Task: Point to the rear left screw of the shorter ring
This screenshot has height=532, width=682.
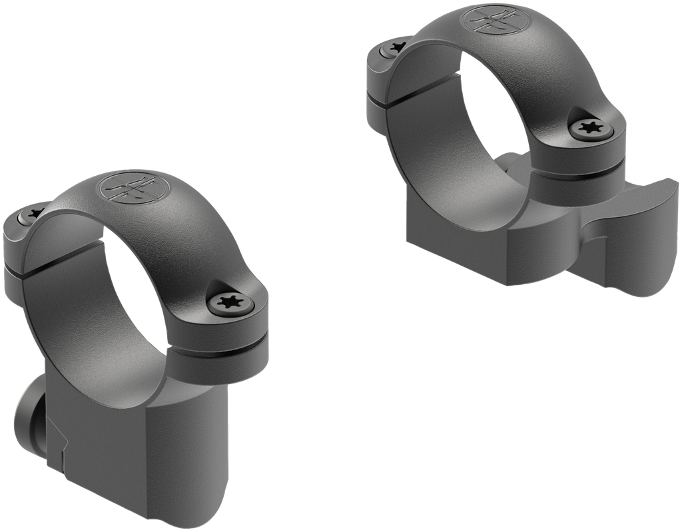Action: [x=394, y=48]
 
